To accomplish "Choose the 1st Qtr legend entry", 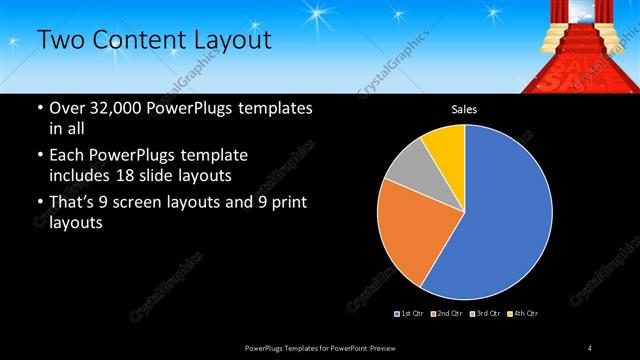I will tap(410, 314).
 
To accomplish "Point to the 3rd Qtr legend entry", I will tap(485, 314).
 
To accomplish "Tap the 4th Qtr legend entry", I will tap(522, 314).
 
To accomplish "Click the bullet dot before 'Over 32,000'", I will tap(39, 108).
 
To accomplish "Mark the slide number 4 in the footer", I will tap(590, 347).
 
